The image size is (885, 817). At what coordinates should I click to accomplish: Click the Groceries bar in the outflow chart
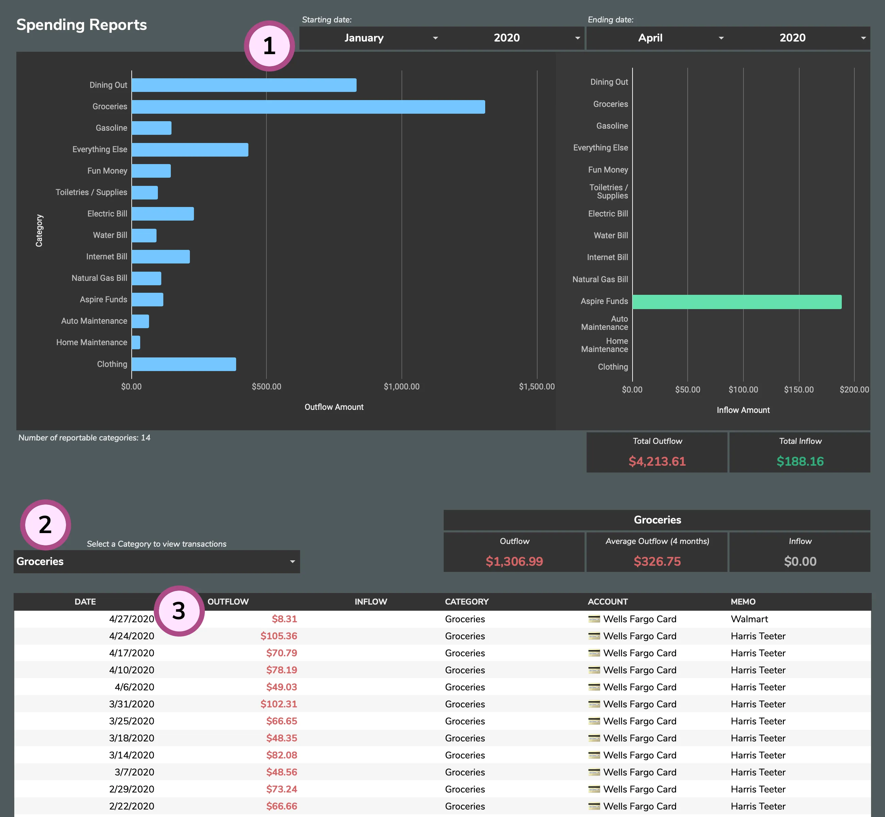point(308,107)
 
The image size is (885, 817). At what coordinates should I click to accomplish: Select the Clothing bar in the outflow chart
point(183,364)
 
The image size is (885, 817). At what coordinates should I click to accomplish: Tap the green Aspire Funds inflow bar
point(737,302)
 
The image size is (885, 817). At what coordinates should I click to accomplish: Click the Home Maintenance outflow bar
point(136,342)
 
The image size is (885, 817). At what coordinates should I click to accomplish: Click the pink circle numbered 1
point(269,46)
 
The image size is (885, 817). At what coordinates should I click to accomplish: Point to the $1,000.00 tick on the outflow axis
point(401,386)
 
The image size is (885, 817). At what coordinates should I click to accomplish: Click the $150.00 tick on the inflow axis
point(798,389)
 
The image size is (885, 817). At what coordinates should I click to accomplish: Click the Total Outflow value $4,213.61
point(657,461)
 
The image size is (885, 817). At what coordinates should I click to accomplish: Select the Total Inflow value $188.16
point(800,461)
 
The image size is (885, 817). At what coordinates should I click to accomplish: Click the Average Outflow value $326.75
point(657,561)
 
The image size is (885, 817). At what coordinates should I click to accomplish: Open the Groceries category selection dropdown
point(157,561)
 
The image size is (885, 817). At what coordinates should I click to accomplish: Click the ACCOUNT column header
point(608,601)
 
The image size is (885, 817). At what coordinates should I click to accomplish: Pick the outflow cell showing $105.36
point(278,636)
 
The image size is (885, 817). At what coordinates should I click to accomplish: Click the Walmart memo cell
point(749,619)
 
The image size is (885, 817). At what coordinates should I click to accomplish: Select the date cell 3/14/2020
point(131,755)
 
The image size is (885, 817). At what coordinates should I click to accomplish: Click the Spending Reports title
point(82,25)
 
